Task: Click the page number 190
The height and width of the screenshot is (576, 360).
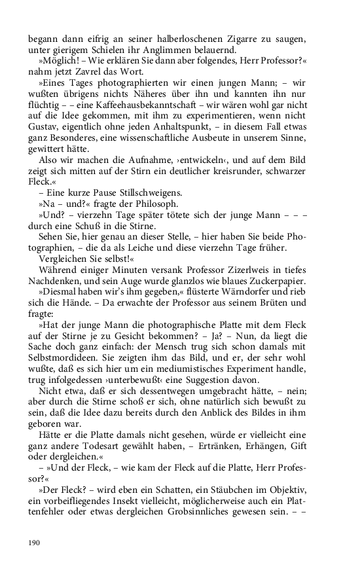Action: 35,543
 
